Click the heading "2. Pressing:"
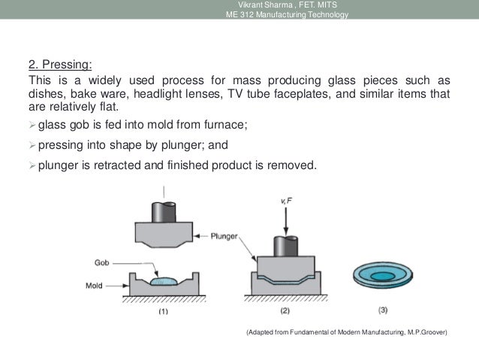[59, 64]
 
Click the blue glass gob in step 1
[163, 282]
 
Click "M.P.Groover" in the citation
[423, 332]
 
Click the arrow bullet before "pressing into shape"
[32, 143]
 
